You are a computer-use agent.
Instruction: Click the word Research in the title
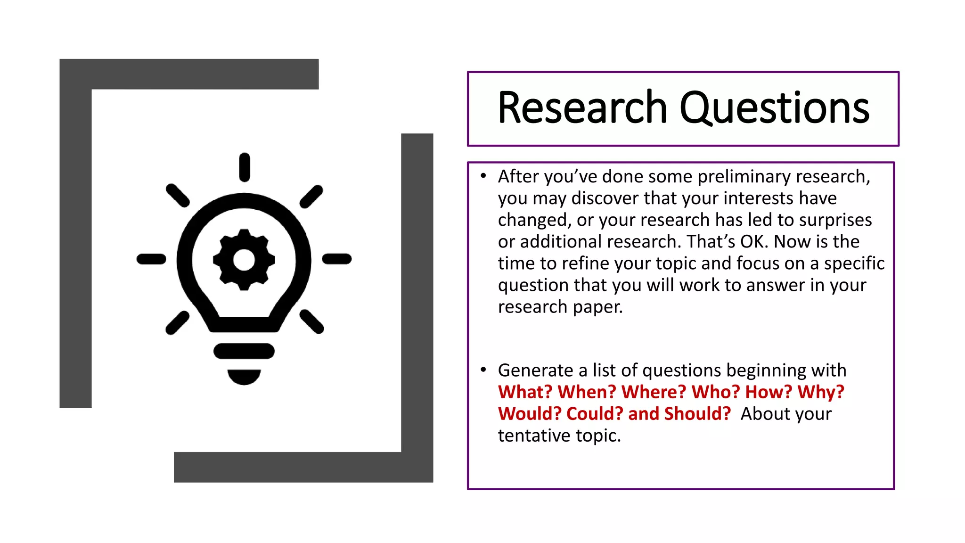582,108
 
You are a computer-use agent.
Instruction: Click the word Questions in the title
774,109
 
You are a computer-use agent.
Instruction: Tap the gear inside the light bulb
244,260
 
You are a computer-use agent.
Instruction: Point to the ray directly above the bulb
244,167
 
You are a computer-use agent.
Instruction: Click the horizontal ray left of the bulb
151,259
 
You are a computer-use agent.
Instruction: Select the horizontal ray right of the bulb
337,259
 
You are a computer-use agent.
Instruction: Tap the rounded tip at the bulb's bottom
244,376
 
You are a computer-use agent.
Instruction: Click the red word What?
524,392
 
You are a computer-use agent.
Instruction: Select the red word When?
586,392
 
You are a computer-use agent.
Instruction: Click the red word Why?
820,392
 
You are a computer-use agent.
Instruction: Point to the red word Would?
529,414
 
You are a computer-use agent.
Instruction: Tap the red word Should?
697,414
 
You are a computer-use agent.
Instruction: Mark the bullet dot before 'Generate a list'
483,370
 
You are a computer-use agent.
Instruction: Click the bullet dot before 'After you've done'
483,176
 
